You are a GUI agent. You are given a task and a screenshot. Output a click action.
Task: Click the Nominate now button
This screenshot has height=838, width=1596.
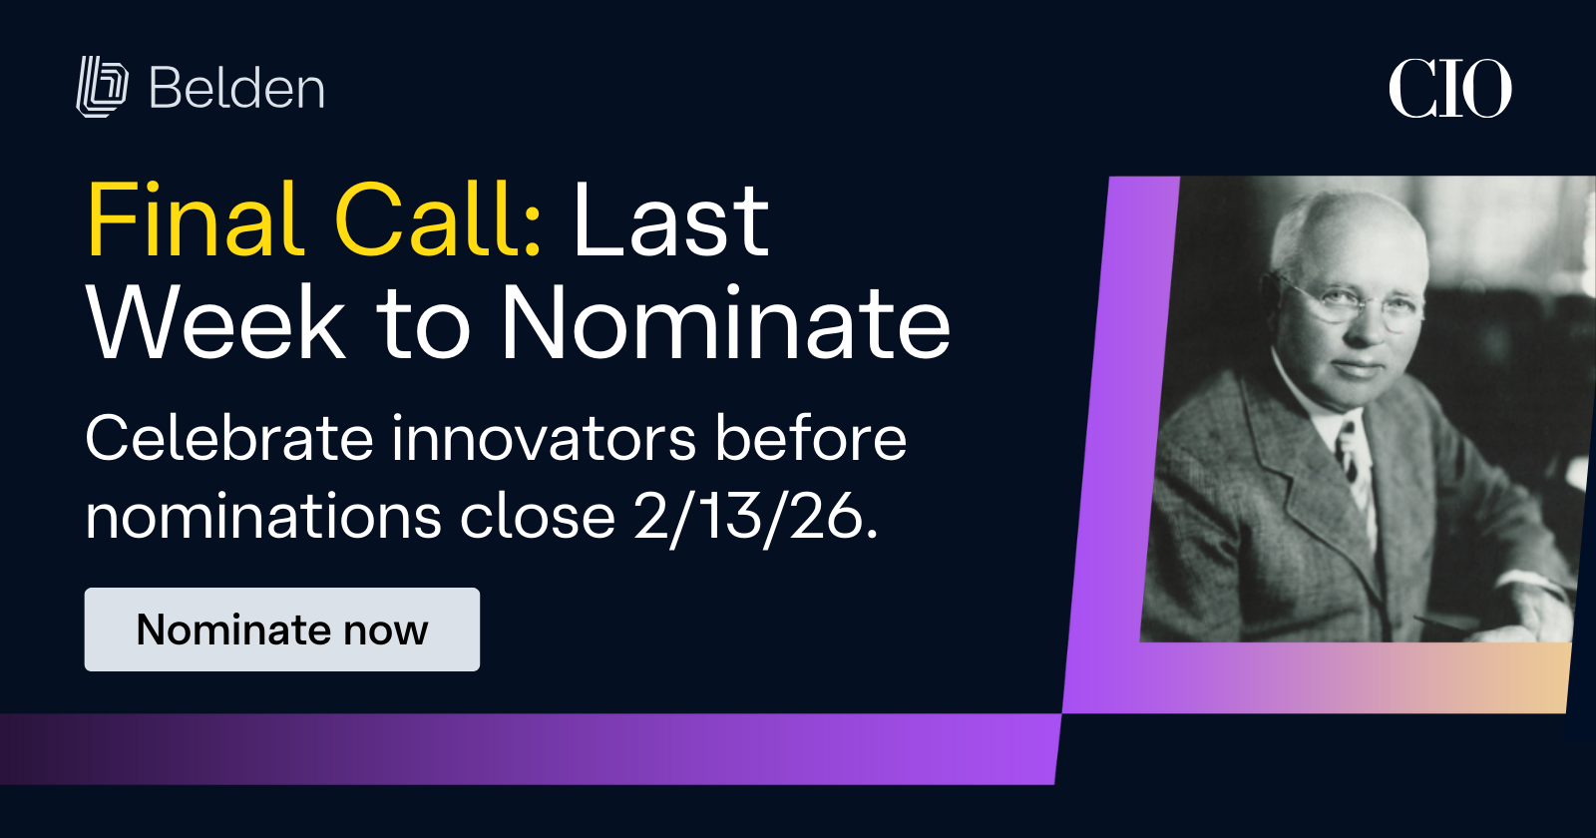(x=281, y=629)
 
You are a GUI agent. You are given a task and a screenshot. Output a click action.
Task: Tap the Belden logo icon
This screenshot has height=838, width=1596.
(x=102, y=87)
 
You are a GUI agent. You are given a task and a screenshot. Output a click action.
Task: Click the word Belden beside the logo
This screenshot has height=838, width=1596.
(x=236, y=89)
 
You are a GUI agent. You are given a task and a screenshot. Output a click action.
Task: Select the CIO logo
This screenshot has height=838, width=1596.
(x=1449, y=89)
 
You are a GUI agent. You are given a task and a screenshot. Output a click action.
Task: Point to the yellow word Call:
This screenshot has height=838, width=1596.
(x=439, y=220)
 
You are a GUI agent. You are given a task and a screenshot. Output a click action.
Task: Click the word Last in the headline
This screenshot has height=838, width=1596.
(x=670, y=220)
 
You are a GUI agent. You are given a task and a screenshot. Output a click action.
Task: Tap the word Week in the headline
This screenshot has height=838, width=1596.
(x=215, y=323)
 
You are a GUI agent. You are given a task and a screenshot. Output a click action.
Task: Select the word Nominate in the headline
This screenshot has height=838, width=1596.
(x=725, y=323)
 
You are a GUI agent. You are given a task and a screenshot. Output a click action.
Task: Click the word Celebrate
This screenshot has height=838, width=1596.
(x=228, y=439)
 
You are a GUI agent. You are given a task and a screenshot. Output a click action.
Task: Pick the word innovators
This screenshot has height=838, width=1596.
(x=543, y=439)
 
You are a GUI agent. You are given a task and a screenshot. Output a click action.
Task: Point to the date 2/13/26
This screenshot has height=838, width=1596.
(x=755, y=518)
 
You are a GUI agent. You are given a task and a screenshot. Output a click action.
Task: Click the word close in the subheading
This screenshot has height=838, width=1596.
(x=537, y=518)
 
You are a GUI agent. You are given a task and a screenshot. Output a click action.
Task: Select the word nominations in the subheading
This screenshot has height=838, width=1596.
(x=263, y=518)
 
